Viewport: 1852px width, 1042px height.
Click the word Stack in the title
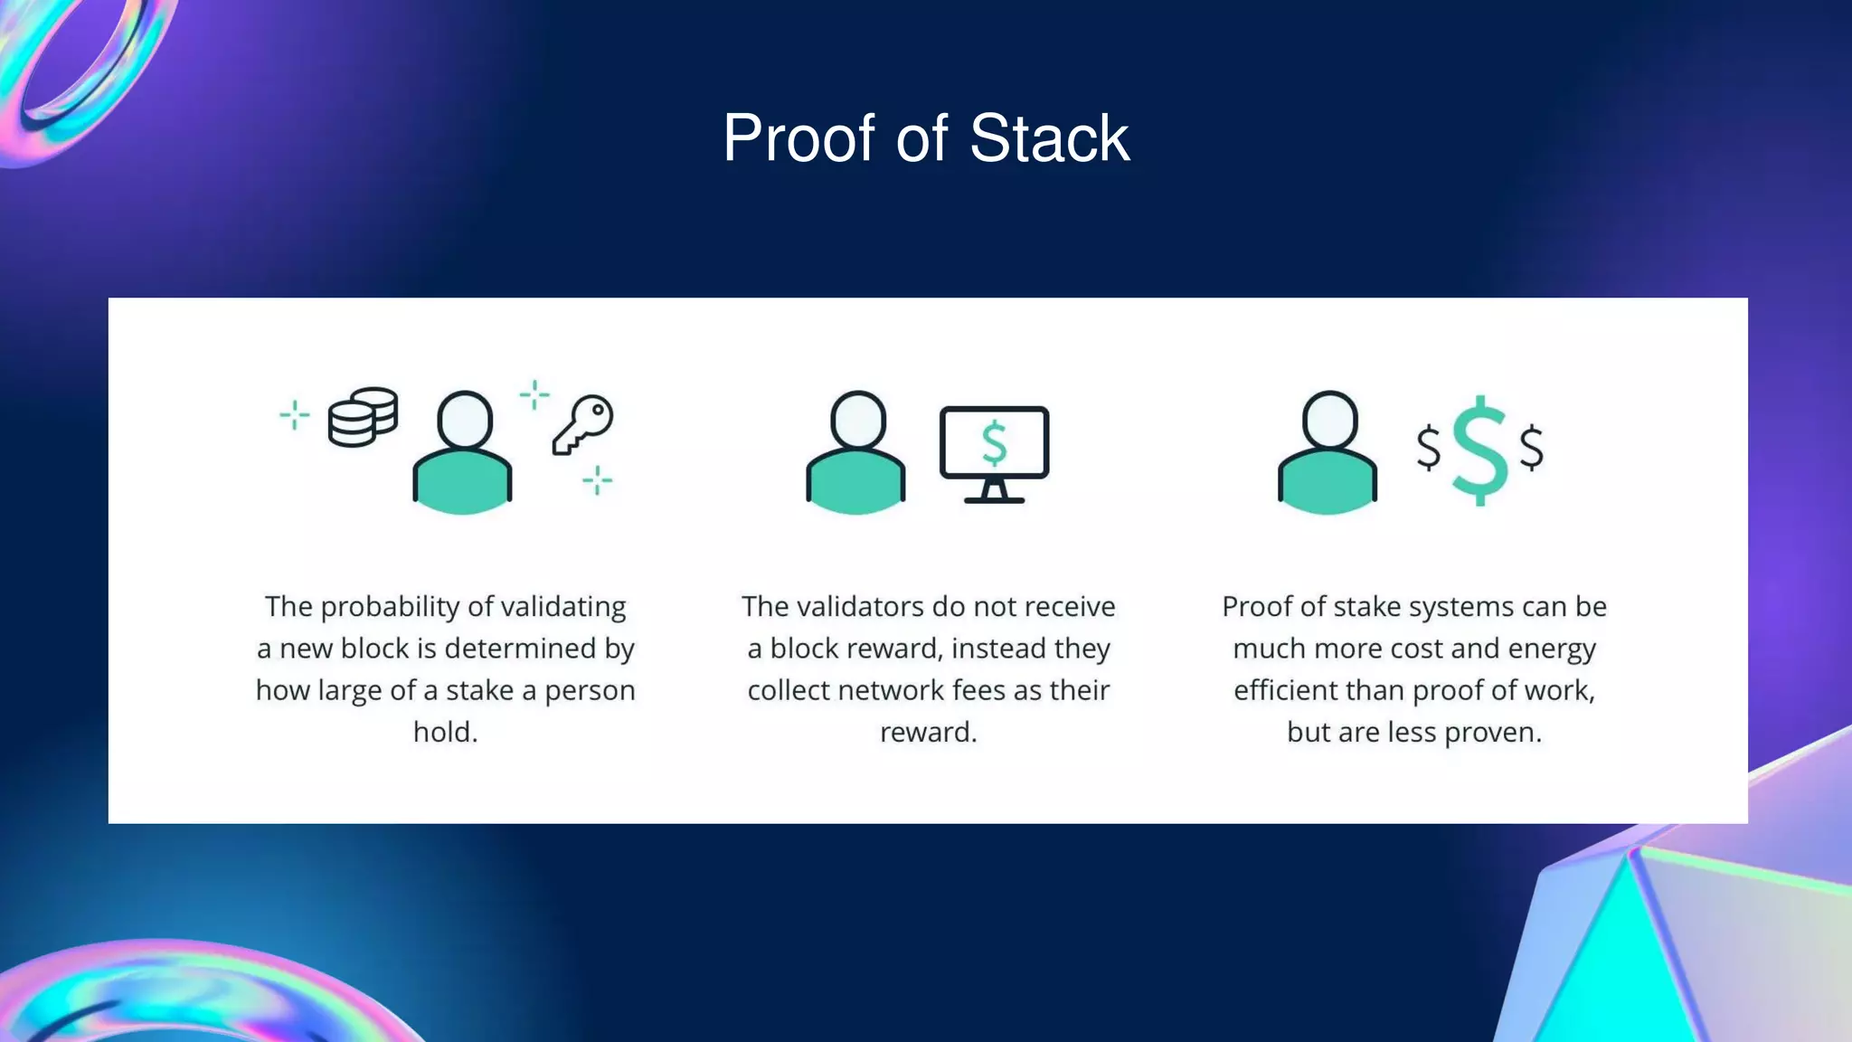coord(1049,139)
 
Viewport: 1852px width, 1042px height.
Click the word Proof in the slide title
coord(798,139)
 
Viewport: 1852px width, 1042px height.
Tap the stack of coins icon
coord(363,417)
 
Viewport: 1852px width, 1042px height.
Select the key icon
coord(582,424)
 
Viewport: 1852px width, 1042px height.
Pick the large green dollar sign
coord(1479,450)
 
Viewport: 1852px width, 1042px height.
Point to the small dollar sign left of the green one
coord(1429,448)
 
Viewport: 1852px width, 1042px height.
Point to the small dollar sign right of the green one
coord(1532,448)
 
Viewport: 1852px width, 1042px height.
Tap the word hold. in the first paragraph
coord(445,732)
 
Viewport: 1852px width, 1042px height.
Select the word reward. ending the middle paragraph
coord(928,732)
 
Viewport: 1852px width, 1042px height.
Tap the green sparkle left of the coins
coord(294,415)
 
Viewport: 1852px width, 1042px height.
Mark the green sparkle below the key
coord(597,480)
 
